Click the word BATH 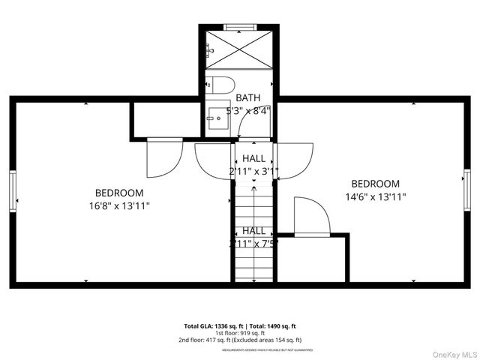click(x=248, y=97)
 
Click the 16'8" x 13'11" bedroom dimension click(x=118, y=205)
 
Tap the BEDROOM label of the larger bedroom click(x=118, y=193)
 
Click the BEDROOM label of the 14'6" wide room click(x=375, y=184)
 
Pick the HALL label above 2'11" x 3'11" click(x=253, y=158)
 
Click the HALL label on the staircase click(x=253, y=231)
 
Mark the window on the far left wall click(x=12, y=190)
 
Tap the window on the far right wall click(x=466, y=190)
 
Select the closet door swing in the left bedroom click(x=163, y=157)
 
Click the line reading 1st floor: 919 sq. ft click(x=240, y=333)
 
